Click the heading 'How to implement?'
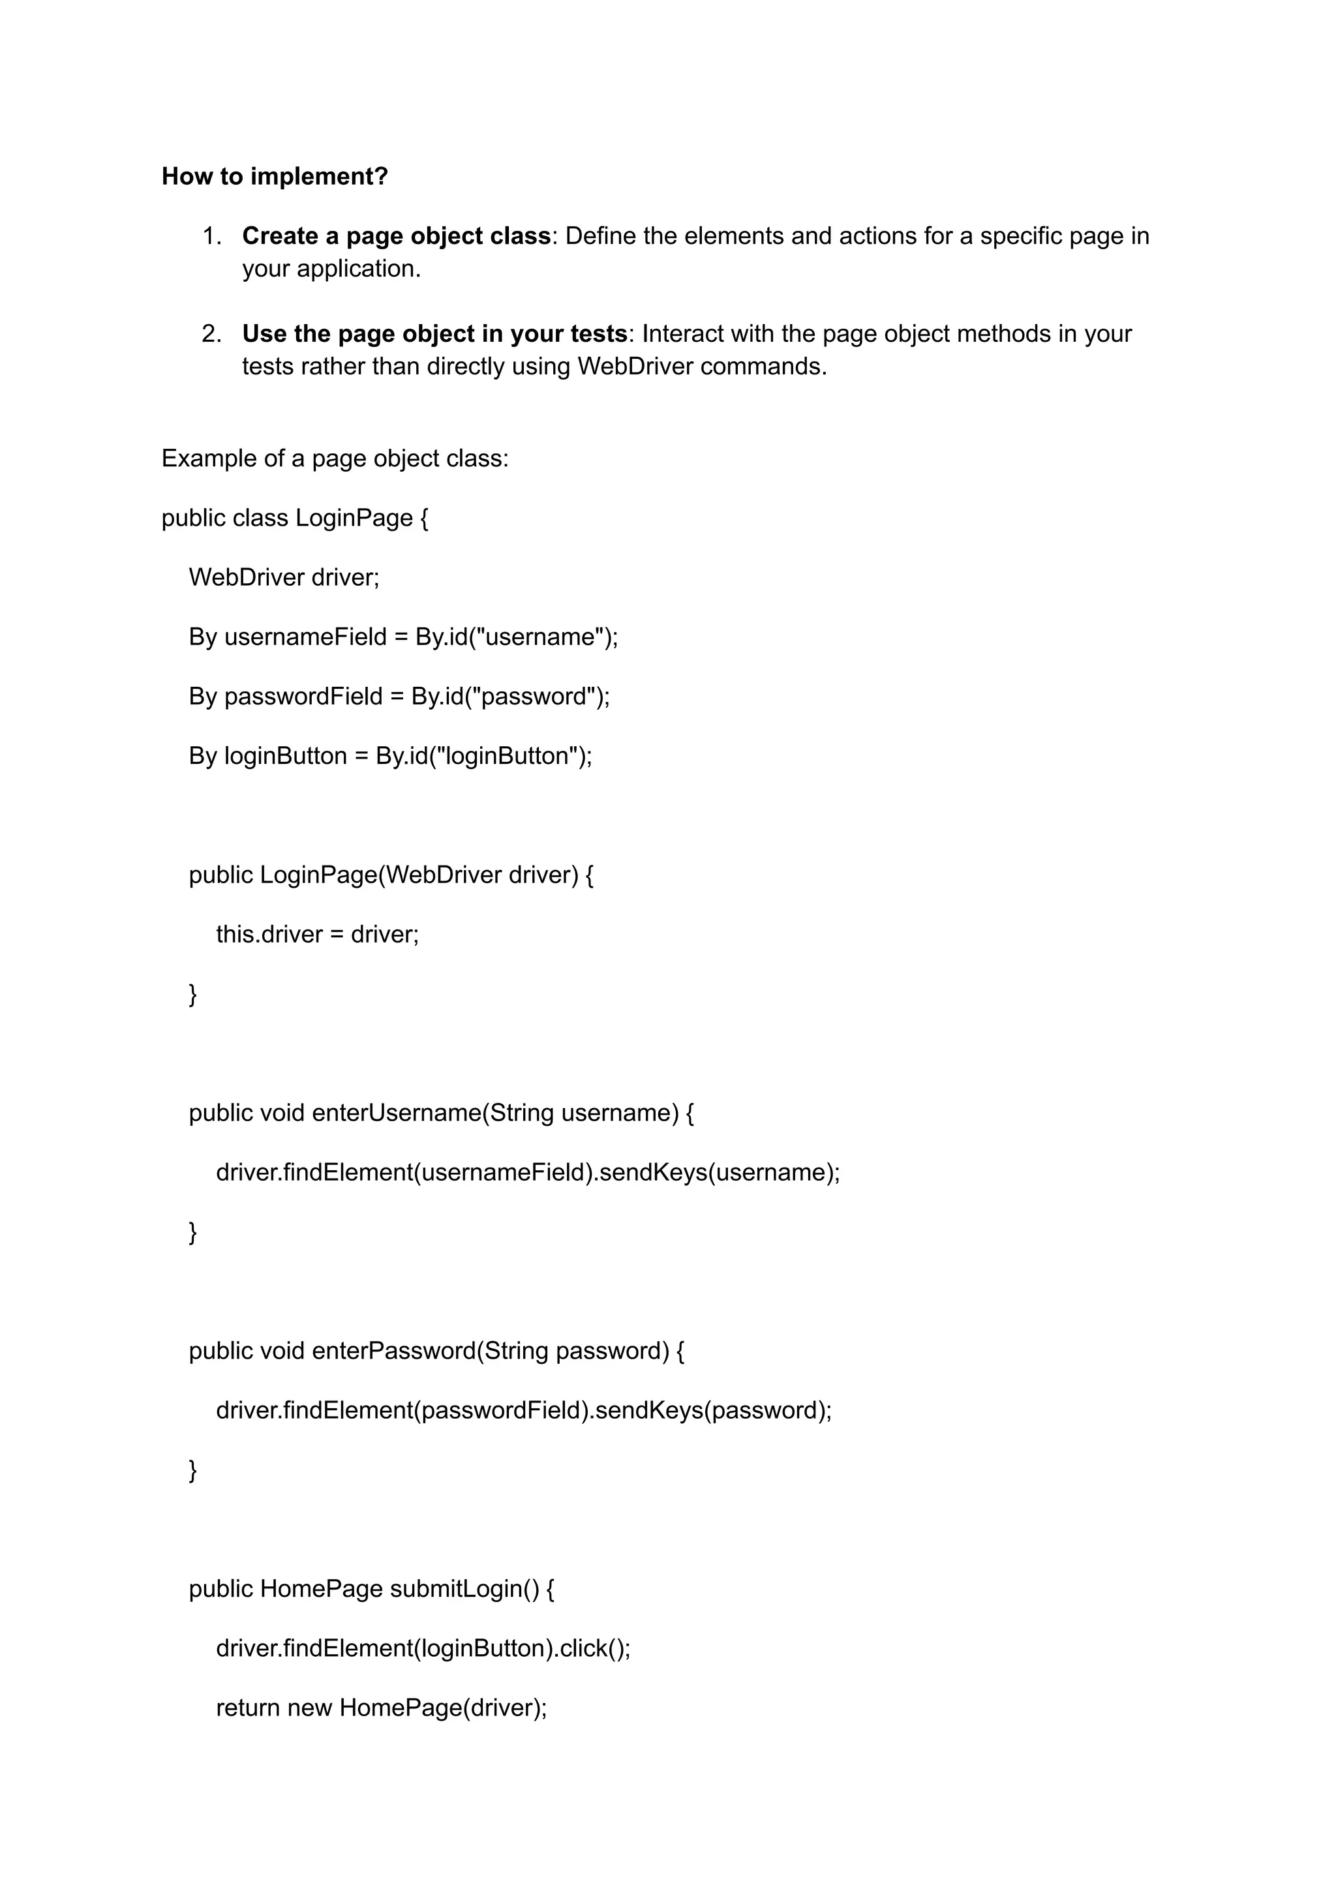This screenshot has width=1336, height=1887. click(274, 176)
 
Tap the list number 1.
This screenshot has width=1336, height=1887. click(211, 236)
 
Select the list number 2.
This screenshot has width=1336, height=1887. click(211, 334)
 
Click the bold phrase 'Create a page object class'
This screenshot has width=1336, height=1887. click(396, 236)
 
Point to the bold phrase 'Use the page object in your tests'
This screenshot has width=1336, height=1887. click(434, 334)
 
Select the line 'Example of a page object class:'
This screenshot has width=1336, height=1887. click(335, 458)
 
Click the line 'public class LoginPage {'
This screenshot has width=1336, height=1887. click(294, 519)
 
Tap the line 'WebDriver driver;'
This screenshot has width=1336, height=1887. click(284, 577)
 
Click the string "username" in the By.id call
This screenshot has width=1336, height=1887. click(539, 637)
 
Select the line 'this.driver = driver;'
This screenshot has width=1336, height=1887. click(317, 935)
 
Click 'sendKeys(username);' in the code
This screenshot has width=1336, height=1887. click(719, 1172)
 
